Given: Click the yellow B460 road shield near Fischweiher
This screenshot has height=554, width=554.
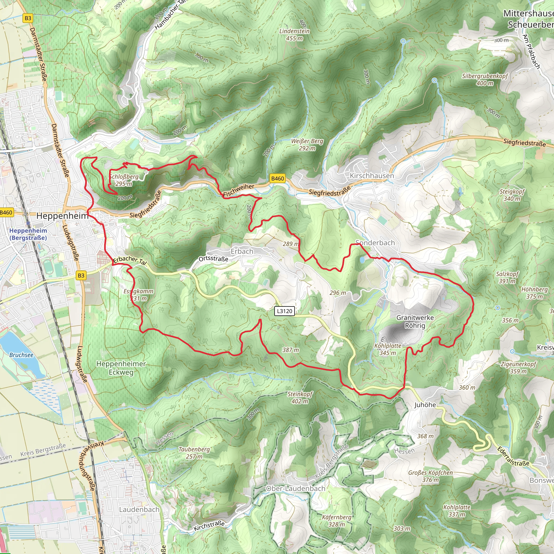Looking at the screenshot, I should (277, 178).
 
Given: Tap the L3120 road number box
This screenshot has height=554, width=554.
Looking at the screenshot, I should (285, 311).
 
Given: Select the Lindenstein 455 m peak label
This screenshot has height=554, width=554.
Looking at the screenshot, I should (295, 34).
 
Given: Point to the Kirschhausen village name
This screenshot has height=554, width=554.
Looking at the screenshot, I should (372, 176).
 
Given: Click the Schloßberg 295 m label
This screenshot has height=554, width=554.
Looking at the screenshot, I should (124, 180).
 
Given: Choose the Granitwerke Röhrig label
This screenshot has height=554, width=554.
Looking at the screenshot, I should (415, 321).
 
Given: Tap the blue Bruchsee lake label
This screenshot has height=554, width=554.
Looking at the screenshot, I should (21, 355).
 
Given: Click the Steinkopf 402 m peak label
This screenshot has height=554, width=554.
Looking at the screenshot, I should (300, 397).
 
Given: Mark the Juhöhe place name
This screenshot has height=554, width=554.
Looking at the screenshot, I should (425, 405).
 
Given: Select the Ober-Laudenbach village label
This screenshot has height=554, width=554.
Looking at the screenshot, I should (296, 488).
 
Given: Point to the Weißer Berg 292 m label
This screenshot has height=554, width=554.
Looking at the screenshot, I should (307, 144).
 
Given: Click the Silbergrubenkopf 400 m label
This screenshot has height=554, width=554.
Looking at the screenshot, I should (484, 80).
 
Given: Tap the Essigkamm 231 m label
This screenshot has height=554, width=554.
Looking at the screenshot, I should (138, 295).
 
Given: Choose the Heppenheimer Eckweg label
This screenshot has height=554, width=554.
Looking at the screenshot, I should (121, 368).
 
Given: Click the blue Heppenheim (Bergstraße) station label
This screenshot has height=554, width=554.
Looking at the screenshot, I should (28, 234).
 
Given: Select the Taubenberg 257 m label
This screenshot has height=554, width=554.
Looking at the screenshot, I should (194, 453).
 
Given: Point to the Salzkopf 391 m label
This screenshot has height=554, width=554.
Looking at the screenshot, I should (507, 277).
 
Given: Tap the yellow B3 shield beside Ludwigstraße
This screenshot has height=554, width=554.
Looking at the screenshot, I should (81, 276).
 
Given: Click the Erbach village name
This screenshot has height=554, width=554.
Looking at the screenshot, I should (242, 251).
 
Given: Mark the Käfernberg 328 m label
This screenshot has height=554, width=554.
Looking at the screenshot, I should (337, 521).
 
